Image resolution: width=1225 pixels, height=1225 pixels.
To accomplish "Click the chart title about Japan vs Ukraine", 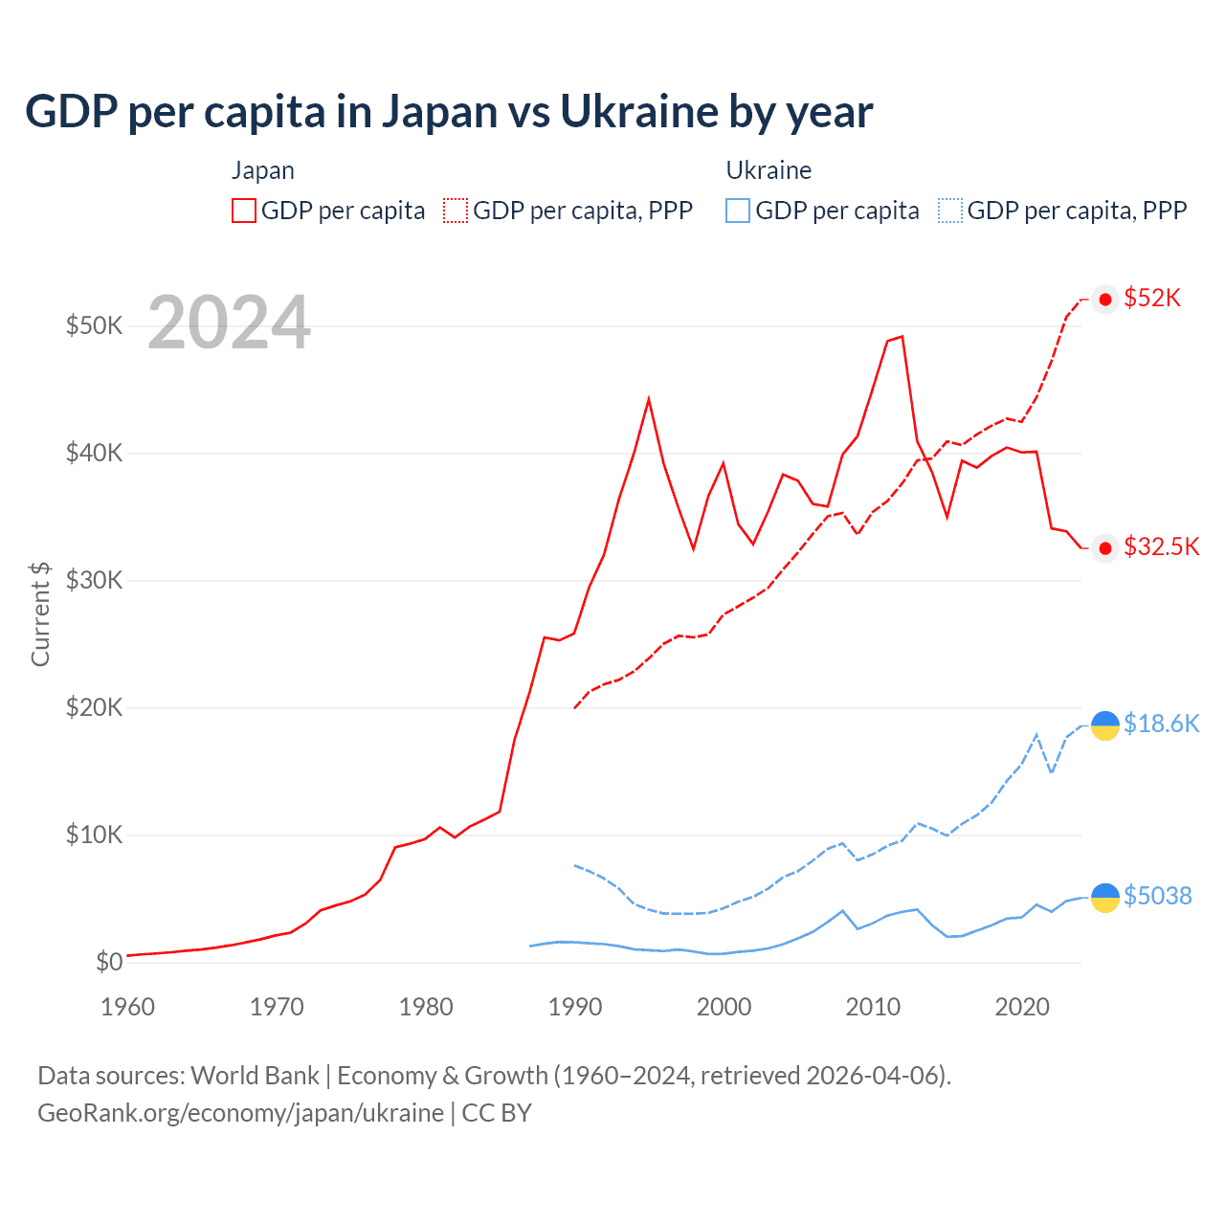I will pos(448,111).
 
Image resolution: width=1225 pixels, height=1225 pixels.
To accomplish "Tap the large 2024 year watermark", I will pos(229,323).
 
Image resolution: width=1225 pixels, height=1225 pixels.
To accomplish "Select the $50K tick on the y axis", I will pos(94,325).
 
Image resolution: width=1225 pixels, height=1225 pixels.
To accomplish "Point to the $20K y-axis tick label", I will pos(94,707).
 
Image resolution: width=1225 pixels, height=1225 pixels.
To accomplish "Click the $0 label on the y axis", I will pos(109,962).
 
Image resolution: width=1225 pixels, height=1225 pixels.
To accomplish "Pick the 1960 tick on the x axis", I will pos(127,1007).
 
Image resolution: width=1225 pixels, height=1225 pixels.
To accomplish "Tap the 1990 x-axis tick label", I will pos(574,1007).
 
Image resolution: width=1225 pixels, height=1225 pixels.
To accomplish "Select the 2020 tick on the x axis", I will pos(1022,1007).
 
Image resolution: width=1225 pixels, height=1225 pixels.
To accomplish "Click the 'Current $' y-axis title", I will pos(40,613).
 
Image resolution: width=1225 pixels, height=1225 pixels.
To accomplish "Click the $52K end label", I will pos(1152,299).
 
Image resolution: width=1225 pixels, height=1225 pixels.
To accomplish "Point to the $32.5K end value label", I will pos(1161,546).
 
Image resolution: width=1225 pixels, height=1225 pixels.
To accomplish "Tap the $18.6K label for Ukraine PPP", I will pos(1161,724).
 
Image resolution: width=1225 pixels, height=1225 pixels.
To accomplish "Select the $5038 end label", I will pos(1157,896).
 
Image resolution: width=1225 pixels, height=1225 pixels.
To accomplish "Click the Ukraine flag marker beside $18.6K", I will pos(1105,725).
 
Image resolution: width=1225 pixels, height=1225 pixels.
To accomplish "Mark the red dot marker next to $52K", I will pos(1105,300).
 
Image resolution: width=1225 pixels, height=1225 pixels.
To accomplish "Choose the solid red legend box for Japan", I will pos(244,211).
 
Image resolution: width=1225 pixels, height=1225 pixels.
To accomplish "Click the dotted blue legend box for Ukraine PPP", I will pos(950,211).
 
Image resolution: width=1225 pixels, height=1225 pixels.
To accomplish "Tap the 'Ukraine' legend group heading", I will pos(768,170).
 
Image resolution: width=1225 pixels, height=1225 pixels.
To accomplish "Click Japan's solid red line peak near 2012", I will pos(902,336).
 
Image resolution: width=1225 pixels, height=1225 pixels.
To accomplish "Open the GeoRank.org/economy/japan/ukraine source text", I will pos(240,1113).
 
